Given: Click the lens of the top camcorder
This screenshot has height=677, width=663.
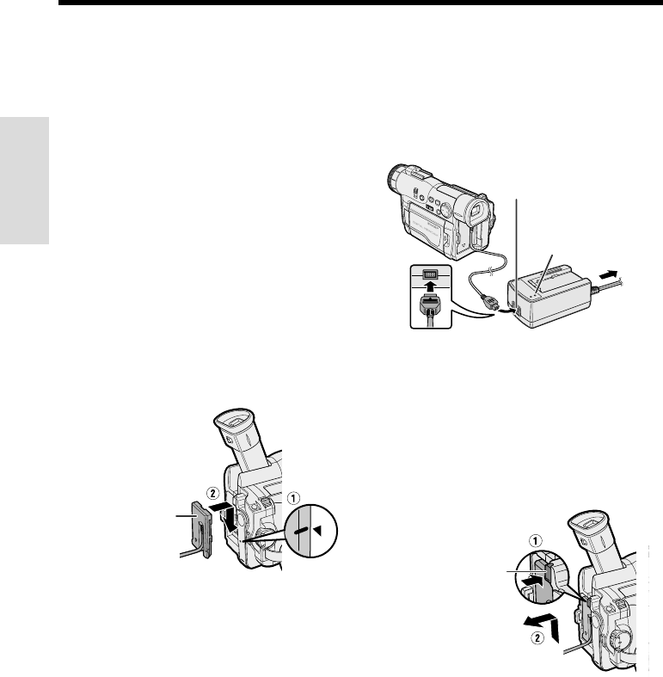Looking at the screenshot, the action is [396, 177].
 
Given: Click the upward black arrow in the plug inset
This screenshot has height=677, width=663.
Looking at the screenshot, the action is [430, 287].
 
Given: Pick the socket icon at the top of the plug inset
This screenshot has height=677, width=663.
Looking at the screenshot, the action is [430, 274].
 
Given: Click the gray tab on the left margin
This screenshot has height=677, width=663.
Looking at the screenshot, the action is [24, 181].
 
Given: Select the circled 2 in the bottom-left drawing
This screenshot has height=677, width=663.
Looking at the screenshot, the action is [212, 493].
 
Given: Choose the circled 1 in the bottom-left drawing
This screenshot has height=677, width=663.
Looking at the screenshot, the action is [293, 498].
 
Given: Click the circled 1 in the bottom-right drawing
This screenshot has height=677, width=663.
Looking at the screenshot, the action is [535, 540].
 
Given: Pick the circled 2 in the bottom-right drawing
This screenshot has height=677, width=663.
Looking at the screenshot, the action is [537, 637].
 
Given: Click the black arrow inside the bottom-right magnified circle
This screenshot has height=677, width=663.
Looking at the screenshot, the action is [531, 582].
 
